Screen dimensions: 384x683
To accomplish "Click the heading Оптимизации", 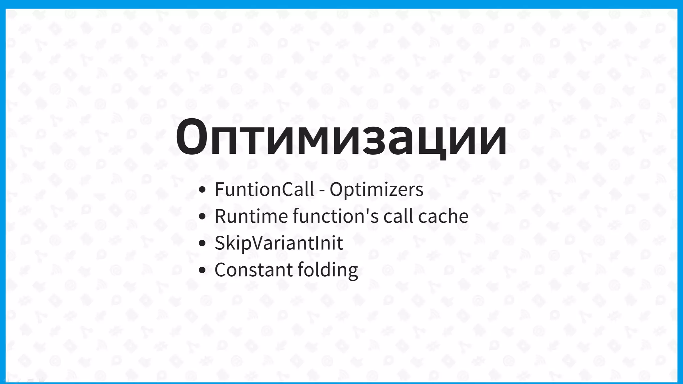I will tap(341, 137).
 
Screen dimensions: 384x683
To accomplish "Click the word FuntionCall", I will tap(264, 189).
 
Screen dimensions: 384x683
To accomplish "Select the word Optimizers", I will tap(377, 189).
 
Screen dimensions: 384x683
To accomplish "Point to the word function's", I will tap(336, 216).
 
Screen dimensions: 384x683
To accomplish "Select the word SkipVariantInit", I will tap(279, 243).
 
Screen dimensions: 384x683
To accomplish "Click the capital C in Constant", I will tap(221, 270).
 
